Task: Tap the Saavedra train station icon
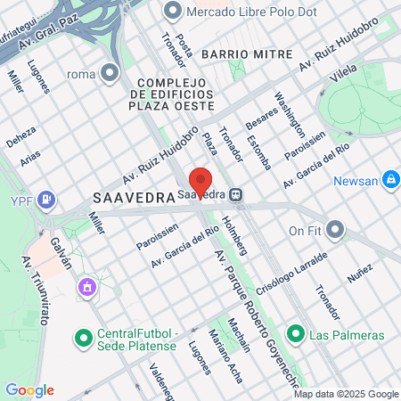click(x=235, y=193)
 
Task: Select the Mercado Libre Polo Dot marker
click(x=172, y=12)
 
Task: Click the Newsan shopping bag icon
click(x=389, y=181)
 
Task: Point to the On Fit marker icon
click(x=335, y=231)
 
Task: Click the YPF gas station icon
click(x=47, y=200)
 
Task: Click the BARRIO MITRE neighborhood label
click(x=247, y=54)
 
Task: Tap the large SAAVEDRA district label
click(x=131, y=198)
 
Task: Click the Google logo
click(x=29, y=390)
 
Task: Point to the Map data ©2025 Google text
click(x=346, y=394)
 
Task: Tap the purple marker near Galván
click(x=86, y=287)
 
